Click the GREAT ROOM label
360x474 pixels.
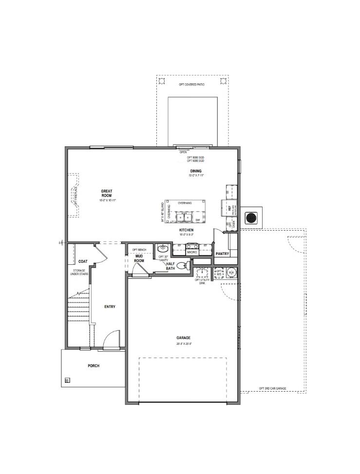[107, 193]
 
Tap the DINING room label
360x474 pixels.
[196, 171]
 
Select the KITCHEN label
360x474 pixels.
[186, 230]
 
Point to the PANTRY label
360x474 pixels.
[222, 254]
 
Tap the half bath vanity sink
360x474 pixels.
[162, 248]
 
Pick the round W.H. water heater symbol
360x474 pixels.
[231, 273]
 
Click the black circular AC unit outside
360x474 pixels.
[251, 217]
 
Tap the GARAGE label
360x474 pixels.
[184, 338]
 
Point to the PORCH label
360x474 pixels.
[94, 366]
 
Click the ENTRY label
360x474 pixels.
[110, 307]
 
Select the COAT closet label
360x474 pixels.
[83, 261]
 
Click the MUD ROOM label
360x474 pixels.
[139, 258]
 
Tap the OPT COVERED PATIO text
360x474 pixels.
[191, 84]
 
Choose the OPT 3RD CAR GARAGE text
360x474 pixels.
[272, 388]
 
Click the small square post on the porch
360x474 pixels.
[67, 379]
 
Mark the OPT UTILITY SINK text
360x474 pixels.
[200, 281]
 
